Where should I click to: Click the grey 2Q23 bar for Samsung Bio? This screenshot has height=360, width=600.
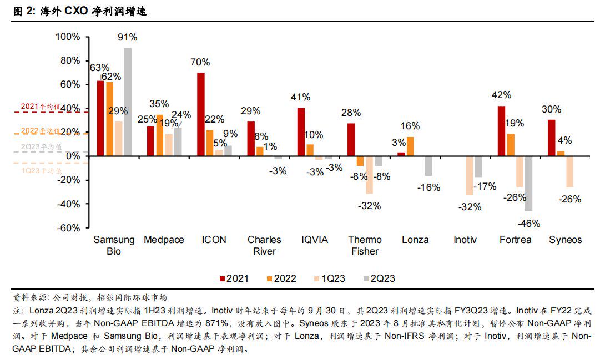(128, 102)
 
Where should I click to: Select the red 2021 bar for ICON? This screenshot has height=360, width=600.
(200, 114)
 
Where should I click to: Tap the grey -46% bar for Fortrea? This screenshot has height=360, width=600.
(528, 184)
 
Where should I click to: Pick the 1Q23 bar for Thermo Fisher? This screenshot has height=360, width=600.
(369, 175)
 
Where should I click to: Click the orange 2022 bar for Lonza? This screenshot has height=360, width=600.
(410, 146)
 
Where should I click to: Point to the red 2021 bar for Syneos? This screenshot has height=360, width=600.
(552, 138)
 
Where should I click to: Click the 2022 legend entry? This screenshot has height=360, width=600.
(281, 278)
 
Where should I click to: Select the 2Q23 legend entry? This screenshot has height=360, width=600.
(379, 278)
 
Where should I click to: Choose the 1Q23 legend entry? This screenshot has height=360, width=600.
(329, 278)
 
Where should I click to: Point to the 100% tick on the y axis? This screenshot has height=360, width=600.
(68, 37)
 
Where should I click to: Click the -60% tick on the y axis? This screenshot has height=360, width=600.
(68, 227)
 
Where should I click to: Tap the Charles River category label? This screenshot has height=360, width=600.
(264, 245)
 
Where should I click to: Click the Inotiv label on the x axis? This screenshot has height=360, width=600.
(466, 240)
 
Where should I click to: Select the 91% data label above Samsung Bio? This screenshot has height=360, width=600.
(128, 38)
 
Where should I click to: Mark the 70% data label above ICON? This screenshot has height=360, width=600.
(200, 62)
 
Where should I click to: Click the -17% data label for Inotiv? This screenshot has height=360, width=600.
(485, 186)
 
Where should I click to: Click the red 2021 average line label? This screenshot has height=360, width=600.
(41, 106)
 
